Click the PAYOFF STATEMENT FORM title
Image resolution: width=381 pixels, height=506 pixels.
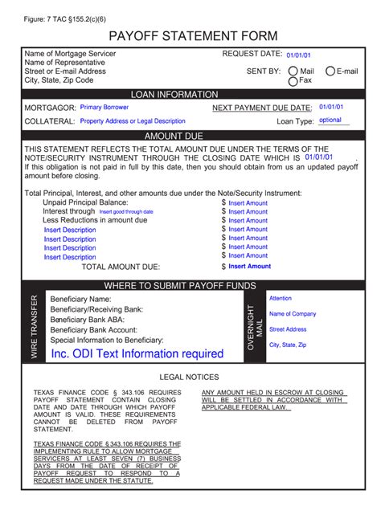[x=193, y=36]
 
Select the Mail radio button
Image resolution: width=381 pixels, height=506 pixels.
[x=293, y=71]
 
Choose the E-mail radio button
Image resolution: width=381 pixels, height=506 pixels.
[x=330, y=71]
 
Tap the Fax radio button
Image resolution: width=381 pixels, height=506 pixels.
[x=293, y=80]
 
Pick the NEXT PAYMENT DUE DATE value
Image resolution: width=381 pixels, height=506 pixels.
[x=330, y=107]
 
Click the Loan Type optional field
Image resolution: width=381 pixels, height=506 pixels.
[x=330, y=120]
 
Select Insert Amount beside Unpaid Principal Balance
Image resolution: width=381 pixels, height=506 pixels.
[x=248, y=203]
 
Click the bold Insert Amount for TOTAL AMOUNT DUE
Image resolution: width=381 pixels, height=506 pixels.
[x=249, y=267]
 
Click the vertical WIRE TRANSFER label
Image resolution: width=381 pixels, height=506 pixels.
[x=34, y=326]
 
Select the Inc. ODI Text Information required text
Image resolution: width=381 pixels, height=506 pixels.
[x=137, y=353]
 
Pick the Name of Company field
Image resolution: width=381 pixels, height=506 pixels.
[x=293, y=314]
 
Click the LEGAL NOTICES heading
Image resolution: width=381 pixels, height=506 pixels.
[x=189, y=377]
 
